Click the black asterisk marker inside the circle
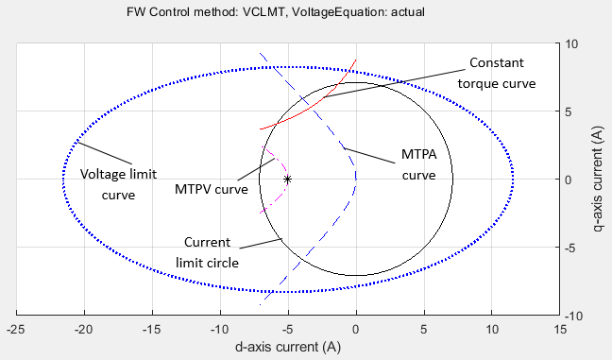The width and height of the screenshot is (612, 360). point(287,179)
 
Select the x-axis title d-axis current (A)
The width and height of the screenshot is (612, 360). point(288,348)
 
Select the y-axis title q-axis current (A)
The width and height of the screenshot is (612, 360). point(597,179)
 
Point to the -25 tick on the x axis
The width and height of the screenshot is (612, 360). point(16,330)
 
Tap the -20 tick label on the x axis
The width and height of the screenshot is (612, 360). point(84,330)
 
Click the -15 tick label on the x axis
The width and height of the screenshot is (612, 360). point(152,330)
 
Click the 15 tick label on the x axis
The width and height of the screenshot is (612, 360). point(559,330)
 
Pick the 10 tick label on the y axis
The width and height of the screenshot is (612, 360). point(572,43)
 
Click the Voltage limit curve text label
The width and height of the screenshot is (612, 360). point(119,185)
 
